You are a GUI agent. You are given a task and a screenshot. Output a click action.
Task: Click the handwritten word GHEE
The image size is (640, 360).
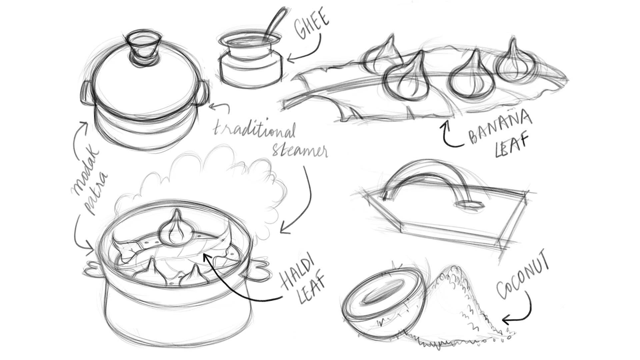[x=312, y=25]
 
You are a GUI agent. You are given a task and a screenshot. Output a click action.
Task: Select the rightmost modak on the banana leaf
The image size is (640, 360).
[x=513, y=63]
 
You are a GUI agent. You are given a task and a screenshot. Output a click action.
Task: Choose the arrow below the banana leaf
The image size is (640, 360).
[x=450, y=135]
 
